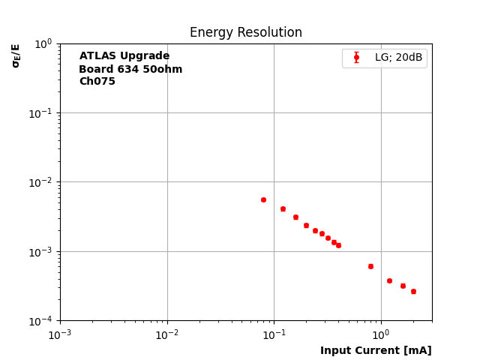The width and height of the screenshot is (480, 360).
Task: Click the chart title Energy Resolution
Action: (246, 33)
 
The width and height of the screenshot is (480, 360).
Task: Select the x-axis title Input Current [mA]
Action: (376, 350)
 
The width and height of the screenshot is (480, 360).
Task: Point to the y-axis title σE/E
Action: (16, 55)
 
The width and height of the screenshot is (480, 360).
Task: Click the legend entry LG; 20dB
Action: (398, 58)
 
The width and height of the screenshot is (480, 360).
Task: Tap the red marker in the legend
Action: (356, 58)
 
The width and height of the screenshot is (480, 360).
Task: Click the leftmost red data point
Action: (263, 199)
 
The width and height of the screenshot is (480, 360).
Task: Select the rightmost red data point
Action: (413, 291)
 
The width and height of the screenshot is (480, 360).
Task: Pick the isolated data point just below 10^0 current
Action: (370, 266)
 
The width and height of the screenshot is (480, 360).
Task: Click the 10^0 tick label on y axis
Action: (45, 43)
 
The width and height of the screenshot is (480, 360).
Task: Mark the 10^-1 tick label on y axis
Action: (43, 113)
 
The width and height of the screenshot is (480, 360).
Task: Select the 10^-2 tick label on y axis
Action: (43, 182)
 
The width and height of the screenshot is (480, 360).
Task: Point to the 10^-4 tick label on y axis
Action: (43, 321)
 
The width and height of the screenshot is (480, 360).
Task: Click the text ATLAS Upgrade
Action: (124, 56)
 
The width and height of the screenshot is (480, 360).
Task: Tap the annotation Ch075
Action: (97, 82)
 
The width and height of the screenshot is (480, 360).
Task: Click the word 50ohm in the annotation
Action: (162, 70)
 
